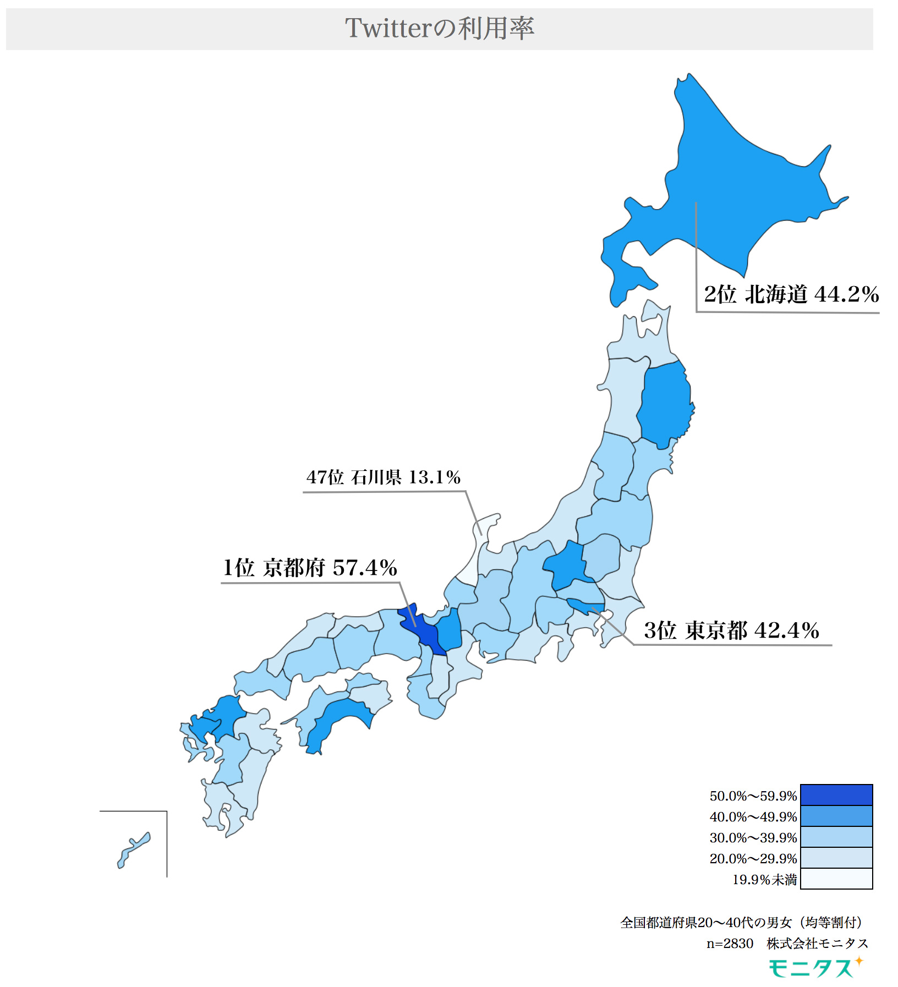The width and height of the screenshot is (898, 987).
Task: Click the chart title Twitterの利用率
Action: click(x=439, y=29)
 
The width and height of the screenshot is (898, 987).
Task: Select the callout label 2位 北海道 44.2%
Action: click(x=791, y=294)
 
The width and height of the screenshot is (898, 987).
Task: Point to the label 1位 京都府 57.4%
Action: click(x=310, y=568)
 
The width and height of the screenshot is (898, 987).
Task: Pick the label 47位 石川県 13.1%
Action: click(x=383, y=477)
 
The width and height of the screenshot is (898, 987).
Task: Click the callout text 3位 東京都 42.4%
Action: click(x=731, y=630)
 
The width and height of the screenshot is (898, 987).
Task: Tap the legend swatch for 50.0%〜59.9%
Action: click(x=836, y=795)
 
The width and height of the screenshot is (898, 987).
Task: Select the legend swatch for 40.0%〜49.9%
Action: click(x=836, y=816)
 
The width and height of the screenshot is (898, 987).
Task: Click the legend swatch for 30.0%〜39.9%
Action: click(x=836, y=837)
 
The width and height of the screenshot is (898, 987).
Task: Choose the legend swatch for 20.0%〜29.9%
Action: click(x=836, y=858)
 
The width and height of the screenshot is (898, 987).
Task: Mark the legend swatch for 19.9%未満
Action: click(x=836, y=879)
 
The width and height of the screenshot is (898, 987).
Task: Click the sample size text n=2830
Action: click(x=730, y=944)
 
